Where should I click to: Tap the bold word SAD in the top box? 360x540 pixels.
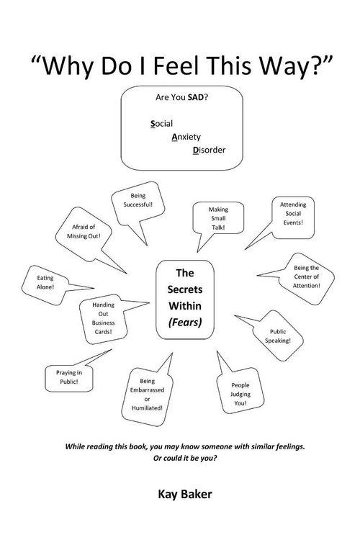click(x=196, y=97)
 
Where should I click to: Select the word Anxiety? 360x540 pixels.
click(x=186, y=137)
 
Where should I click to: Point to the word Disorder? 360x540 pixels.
click(x=209, y=150)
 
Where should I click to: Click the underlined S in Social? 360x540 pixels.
click(x=153, y=124)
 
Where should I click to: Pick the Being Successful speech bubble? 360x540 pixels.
click(x=138, y=203)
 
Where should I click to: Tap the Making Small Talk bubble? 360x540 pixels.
click(x=218, y=218)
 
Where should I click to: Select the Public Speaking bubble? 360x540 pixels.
click(x=278, y=336)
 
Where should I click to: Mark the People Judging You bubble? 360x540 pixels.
click(x=240, y=391)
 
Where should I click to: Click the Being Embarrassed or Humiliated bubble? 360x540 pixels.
click(x=147, y=396)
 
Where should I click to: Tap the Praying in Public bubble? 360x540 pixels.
click(x=69, y=378)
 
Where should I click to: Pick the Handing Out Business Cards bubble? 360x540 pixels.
click(x=103, y=318)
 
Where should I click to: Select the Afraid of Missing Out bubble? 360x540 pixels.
click(x=84, y=234)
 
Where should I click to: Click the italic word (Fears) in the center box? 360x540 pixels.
click(x=185, y=323)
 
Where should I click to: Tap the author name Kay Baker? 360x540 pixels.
click(x=185, y=494)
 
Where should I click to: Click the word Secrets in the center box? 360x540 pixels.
click(x=185, y=289)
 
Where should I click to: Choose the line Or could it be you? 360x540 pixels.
click(x=185, y=459)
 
